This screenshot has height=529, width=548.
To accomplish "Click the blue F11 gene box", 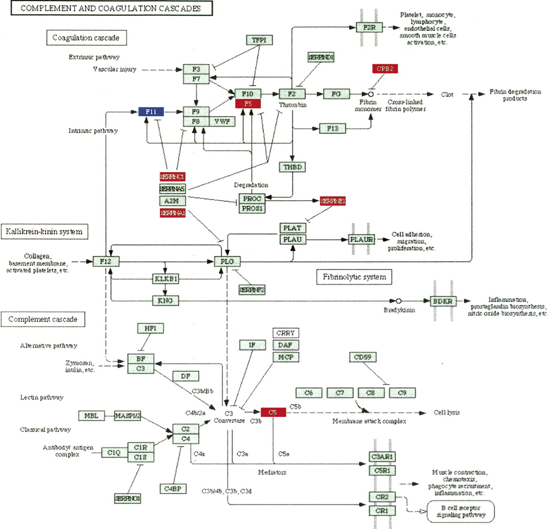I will pyautogui.click(x=151, y=112).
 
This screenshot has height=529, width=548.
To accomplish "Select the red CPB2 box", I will pyautogui.click(x=385, y=68).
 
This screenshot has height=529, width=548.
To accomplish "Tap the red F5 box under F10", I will pyautogui.click(x=248, y=103).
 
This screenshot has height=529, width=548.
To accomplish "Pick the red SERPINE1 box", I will pyautogui.click(x=333, y=201).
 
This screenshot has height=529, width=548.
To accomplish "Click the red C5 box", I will pyautogui.click(x=273, y=412).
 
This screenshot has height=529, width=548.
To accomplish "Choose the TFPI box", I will pyautogui.click(x=259, y=40).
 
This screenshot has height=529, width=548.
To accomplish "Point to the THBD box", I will pyautogui.click(x=292, y=167).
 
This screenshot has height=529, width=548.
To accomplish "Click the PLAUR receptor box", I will pyautogui.click(x=361, y=239).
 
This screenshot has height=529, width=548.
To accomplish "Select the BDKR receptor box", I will pyautogui.click(x=442, y=301).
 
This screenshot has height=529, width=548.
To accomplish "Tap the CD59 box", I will pyautogui.click(x=363, y=357).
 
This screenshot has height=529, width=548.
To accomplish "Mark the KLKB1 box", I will pyautogui.click(x=166, y=279).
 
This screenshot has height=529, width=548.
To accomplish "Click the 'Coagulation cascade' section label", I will pyautogui.click(x=86, y=38).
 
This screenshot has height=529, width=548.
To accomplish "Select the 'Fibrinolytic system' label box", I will pyautogui.click(x=354, y=277).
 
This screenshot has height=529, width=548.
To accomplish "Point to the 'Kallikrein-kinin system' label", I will pyautogui.click(x=44, y=232).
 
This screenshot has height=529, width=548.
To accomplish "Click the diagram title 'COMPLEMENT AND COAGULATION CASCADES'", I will pyautogui.click(x=111, y=8).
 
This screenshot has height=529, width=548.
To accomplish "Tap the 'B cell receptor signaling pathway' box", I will pyautogui.click(x=461, y=511).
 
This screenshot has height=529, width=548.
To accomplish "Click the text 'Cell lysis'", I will pyautogui.click(x=447, y=412).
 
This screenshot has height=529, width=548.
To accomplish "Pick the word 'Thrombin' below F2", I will pyautogui.click(x=293, y=105).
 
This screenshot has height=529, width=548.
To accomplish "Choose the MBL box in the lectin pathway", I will pyautogui.click(x=91, y=416).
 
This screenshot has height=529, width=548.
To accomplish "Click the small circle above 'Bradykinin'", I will pyautogui.click(x=399, y=301).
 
